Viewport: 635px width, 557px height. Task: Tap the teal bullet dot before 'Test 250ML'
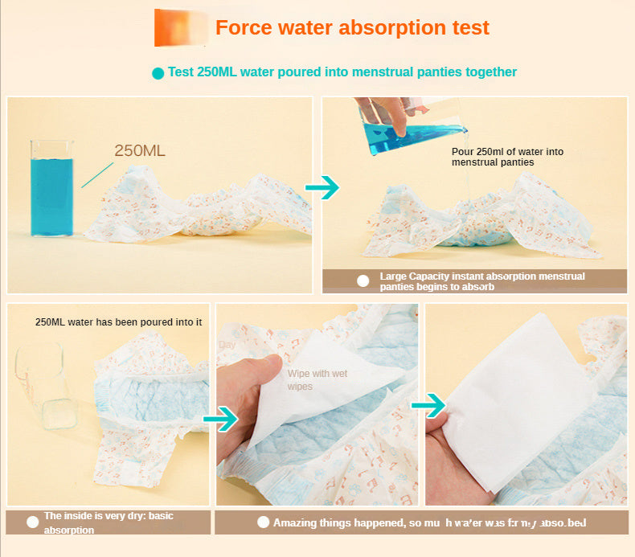[x=158, y=73]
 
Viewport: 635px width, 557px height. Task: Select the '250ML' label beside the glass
[x=140, y=150]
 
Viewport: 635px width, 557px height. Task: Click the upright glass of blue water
[x=51, y=190]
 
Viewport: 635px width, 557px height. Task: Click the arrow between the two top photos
[x=322, y=188]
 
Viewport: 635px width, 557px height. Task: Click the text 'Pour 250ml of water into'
[x=507, y=152]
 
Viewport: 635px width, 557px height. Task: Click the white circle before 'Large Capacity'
[x=363, y=281]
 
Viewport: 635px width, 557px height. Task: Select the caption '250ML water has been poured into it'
[x=118, y=322]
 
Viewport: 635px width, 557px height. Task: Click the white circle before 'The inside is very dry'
[x=32, y=522]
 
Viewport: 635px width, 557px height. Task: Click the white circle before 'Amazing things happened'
[x=263, y=522]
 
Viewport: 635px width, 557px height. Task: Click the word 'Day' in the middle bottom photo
[x=227, y=345]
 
